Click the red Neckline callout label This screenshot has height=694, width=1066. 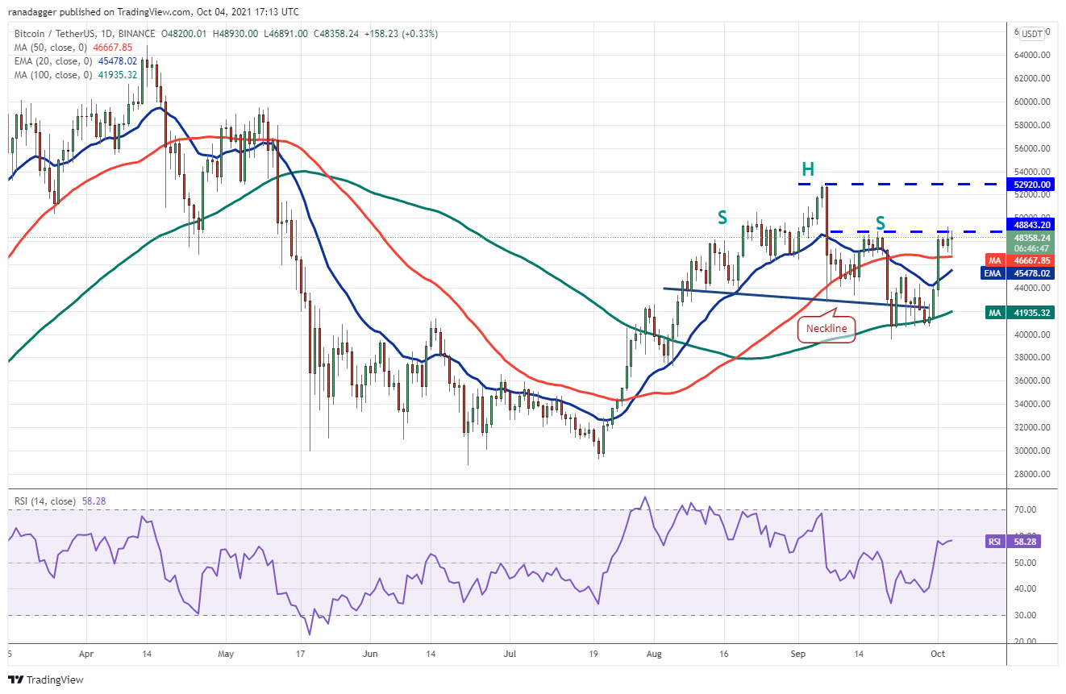pyautogui.click(x=827, y=329)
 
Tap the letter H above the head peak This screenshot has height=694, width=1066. pyautogui.click(x=808, y=169)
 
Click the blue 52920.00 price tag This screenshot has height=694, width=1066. pyautogui.click(x=1031, y=185)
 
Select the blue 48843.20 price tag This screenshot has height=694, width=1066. pyautogui.click(x=1031, y=225)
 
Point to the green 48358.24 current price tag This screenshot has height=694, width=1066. pyautogui.click(x=1031, y=243)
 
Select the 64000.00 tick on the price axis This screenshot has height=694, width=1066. pyautogui.click(x=1032, y=55)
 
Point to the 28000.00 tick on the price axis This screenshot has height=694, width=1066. pyautogui.click(x=1032, y=474)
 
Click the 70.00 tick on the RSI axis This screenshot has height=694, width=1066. pyautogui.click(x=1025, y=510)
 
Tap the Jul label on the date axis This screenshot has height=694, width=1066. pyautogui.click(x=510, y=654)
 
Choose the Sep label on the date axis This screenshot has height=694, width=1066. pyautogui.click(x=798, y=654)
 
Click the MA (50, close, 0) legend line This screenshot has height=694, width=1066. pyautogui.click(x=73, y=48)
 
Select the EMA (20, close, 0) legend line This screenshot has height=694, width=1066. pyautogui.click(x=76, y=61)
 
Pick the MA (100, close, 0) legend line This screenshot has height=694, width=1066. pyautogui.click(x=76, y=75)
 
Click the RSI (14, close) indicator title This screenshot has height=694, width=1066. pyautogui.click(x=44, y=501)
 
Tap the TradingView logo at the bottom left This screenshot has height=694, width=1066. pyautogui.click(x=46, y=680)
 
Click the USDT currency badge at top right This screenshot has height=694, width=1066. pyautogui.click(x=1032, y=34)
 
